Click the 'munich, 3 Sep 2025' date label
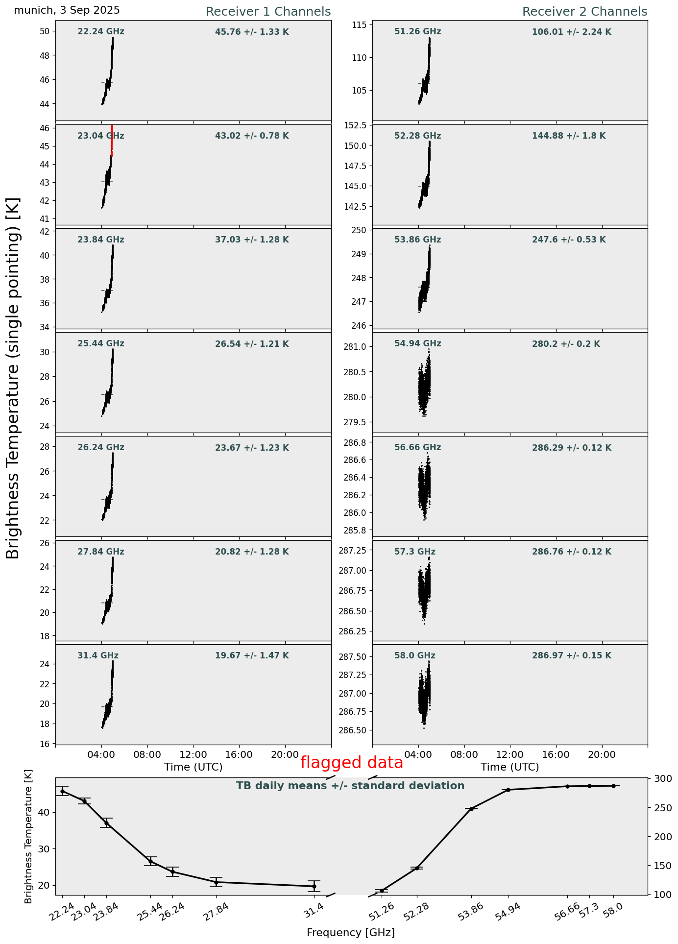click(67, 10)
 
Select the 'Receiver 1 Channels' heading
click(268, 12)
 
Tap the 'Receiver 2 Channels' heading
click(584, 12)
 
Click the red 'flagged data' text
click(351, 763)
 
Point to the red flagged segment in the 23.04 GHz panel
click(112, 140)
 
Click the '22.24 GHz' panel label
click(101, 32)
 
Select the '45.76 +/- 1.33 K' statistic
click(252, 32)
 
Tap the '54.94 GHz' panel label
click(417, 344)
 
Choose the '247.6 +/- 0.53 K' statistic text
click(569, 240)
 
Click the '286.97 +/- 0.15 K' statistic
click(572, 656)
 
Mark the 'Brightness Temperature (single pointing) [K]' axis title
click(14, 378)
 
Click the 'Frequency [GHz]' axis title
click(350, 932)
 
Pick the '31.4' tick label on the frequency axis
click(315, 908)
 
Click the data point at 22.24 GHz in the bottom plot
click(62, 791)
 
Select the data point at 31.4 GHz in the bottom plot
click(314, 886)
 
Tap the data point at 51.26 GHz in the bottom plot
click(382, 891)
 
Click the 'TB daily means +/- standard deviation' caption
click(350, 786)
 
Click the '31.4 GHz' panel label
click(98, 656)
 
